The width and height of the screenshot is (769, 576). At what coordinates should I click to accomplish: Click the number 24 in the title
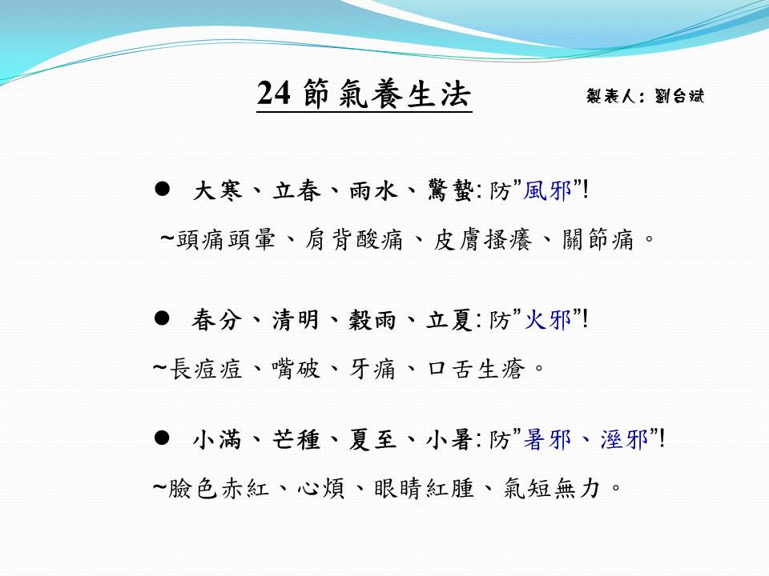pos(273,93)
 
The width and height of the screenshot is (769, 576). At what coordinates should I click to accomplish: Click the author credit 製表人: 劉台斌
pos(645,95)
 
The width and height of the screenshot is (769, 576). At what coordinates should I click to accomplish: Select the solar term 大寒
pos(218,190)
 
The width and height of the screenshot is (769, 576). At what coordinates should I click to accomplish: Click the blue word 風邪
pos(547,190)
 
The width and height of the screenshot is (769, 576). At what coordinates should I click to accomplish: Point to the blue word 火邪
pos(548,320)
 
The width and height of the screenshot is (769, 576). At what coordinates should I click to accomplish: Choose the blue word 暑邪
pos(547,439)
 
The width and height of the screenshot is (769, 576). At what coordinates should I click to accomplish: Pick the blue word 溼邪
pos(624,439)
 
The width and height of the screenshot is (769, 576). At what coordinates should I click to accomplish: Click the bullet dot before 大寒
pos(162,189)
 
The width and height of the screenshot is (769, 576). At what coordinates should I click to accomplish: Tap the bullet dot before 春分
pos(162,318)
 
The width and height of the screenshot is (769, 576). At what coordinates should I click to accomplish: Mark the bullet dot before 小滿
pos(162,438)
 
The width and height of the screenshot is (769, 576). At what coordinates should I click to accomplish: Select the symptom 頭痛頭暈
pos(226,240)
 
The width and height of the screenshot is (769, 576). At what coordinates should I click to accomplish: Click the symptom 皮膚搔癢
pos(482,240)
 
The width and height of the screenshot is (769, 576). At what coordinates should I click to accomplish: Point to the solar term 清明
pos(296,320)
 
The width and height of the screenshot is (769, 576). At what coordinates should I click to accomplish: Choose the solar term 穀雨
pos(372,320)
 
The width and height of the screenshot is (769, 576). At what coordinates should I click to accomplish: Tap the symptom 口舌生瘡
pos(476,369)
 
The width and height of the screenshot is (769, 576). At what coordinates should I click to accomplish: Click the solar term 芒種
pos(296,439)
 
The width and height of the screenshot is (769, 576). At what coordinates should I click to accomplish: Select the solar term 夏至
pos(372,439)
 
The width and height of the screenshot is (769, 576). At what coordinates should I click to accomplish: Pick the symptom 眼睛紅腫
pos(424,488)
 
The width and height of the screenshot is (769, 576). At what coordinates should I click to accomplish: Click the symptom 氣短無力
pos(552,488)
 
